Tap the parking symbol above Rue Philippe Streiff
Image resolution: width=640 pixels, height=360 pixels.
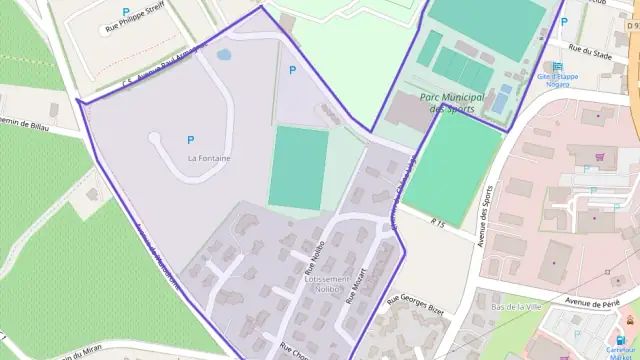coord(126,12)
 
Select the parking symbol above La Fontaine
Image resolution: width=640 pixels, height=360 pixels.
coord(190,140)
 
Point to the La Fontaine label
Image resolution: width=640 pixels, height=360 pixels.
coord(209,158)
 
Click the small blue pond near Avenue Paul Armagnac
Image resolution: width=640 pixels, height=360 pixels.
coord(224,55)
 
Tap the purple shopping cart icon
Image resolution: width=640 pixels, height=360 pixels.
coord(599,156)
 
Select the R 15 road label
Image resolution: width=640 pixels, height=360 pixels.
coord(437,221)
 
